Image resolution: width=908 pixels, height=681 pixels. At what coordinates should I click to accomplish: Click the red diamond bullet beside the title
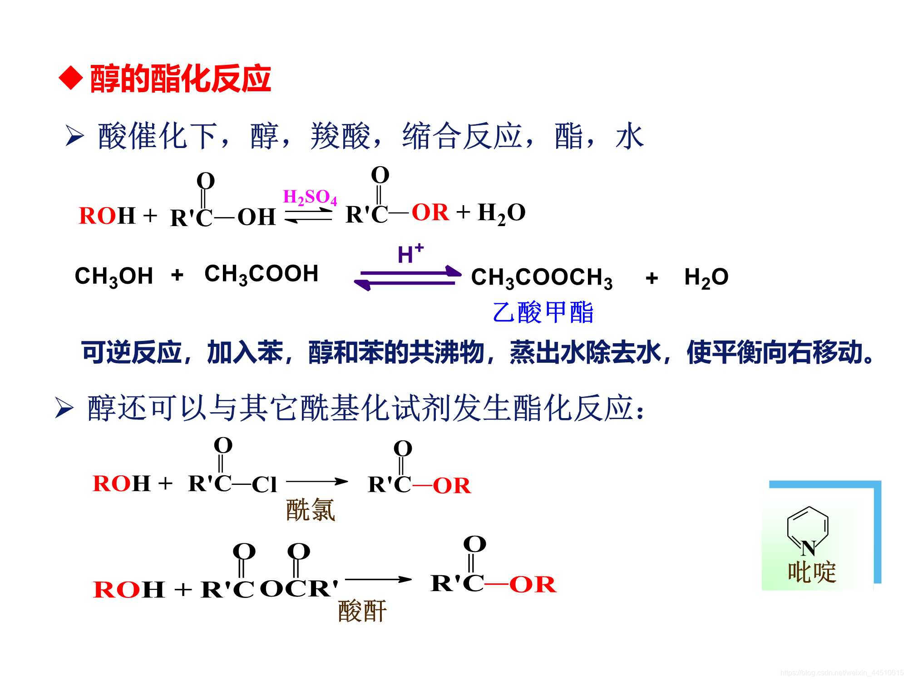point(71,79)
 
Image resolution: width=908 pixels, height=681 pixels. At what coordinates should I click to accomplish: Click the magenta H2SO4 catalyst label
point(310,197)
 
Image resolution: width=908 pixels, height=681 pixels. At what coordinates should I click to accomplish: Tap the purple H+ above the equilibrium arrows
point(410,254)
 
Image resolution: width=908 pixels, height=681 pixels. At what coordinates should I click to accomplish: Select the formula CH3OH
point(113,276)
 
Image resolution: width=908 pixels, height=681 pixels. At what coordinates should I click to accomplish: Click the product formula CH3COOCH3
point(542,277)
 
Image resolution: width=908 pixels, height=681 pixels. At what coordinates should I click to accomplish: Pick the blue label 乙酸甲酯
point(543,312)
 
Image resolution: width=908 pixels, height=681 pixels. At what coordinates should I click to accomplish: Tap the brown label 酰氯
point(311,510)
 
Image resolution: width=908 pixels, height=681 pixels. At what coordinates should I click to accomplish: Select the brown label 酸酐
point(362,611)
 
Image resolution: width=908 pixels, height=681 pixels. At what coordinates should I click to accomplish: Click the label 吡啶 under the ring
point(811,572)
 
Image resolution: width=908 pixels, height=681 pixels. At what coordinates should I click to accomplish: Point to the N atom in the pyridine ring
point(808,548)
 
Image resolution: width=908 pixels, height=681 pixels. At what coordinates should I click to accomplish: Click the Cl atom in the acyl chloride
point(264,485)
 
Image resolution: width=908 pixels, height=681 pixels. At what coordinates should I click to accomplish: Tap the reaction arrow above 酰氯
point(316,481)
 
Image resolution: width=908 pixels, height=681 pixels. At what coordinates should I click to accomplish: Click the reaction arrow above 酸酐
point(378,579)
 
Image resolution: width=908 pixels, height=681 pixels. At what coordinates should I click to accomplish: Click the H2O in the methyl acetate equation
point(706,277)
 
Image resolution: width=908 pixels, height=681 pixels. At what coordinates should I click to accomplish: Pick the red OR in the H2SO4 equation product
point(429,212)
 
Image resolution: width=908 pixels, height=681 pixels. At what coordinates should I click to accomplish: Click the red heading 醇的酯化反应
point(180,79)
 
